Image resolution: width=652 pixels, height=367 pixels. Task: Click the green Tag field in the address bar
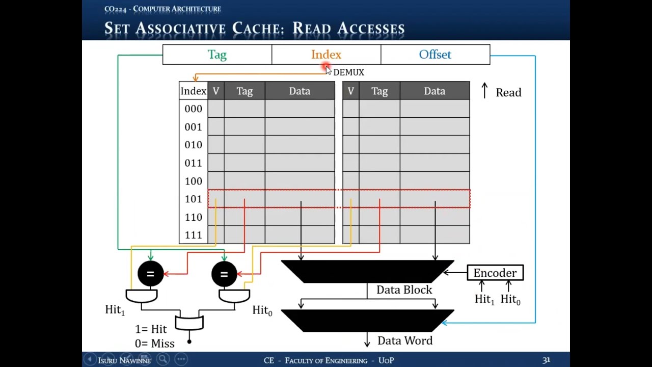[x=217, y=55]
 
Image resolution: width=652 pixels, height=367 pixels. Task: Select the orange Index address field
[x=326, y=55]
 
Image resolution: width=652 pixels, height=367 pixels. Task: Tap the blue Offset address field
[x=435, y=55]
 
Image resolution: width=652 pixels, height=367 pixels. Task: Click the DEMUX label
[x=349, y=72]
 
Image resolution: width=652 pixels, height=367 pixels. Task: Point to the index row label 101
[x=193, y=199]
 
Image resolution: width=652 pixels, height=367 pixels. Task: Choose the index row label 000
[x=193, y=109]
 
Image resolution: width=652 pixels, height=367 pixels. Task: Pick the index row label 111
[x=193, y=235]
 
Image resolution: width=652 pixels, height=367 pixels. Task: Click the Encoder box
[x=495, y=273]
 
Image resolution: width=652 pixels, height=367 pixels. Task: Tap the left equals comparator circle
[x=150, y=274]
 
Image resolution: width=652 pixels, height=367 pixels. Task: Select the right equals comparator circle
[x=224, y=274]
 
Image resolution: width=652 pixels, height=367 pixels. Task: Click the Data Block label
[x=404, y=290]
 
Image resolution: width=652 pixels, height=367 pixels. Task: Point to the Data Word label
[x=405, y=340]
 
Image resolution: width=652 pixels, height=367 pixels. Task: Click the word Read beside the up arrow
[x=508, y=92]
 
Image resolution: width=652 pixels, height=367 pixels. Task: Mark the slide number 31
[x=546, y=360]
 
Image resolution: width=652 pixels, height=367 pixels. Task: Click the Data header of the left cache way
[x=300, y=91]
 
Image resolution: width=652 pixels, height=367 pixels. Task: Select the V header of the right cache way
[x=350, y=91]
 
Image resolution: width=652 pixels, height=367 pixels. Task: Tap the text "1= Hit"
[x=151, y=329]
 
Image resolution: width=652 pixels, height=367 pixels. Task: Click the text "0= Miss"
[x=155, y=344]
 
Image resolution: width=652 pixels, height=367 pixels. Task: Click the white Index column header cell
[x=193, y=91]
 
